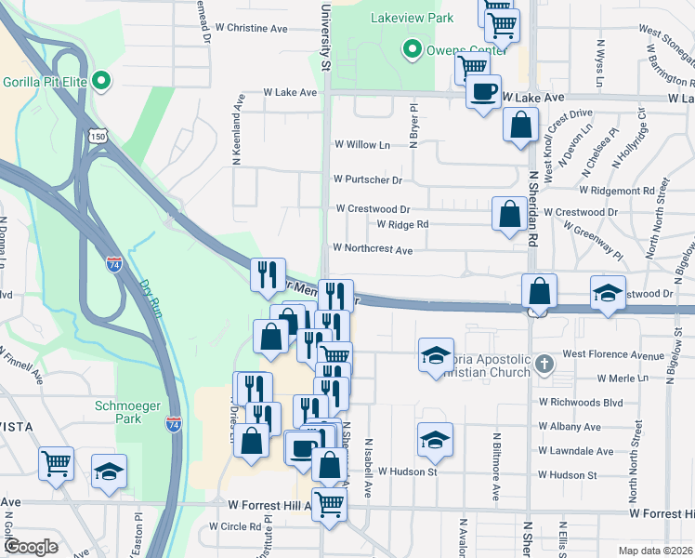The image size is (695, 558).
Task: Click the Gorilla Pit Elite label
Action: (45, 82)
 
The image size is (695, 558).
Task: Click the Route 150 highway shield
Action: (98, 136)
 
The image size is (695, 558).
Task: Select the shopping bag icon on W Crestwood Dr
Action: (509, 214)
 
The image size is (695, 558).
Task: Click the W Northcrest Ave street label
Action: (373, 249)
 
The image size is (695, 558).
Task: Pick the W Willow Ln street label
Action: (361, 145)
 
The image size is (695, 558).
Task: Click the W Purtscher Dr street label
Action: (368, 179)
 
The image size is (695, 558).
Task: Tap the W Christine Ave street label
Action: (253, 29)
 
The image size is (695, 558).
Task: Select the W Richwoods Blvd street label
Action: (581, 403)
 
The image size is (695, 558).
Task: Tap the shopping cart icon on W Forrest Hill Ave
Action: (329, 503)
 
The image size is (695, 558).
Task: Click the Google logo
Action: (31, 547)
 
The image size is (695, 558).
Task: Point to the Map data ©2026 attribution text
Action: (655, 551)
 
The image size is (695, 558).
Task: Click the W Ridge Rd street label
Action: (402, 224)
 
